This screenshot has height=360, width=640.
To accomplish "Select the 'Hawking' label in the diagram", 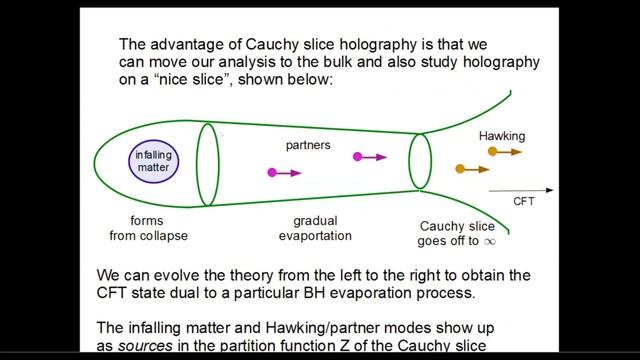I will pos(501,135).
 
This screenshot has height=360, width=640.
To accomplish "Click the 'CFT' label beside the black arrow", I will pos(525,201).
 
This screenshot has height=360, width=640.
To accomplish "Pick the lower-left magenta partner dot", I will pos(272,173).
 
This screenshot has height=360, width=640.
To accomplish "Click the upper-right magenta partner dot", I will pos(356,157).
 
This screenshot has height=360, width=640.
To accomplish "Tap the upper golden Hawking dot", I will pos(492,152).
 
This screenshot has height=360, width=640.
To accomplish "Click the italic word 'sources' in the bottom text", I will pos(146,345).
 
